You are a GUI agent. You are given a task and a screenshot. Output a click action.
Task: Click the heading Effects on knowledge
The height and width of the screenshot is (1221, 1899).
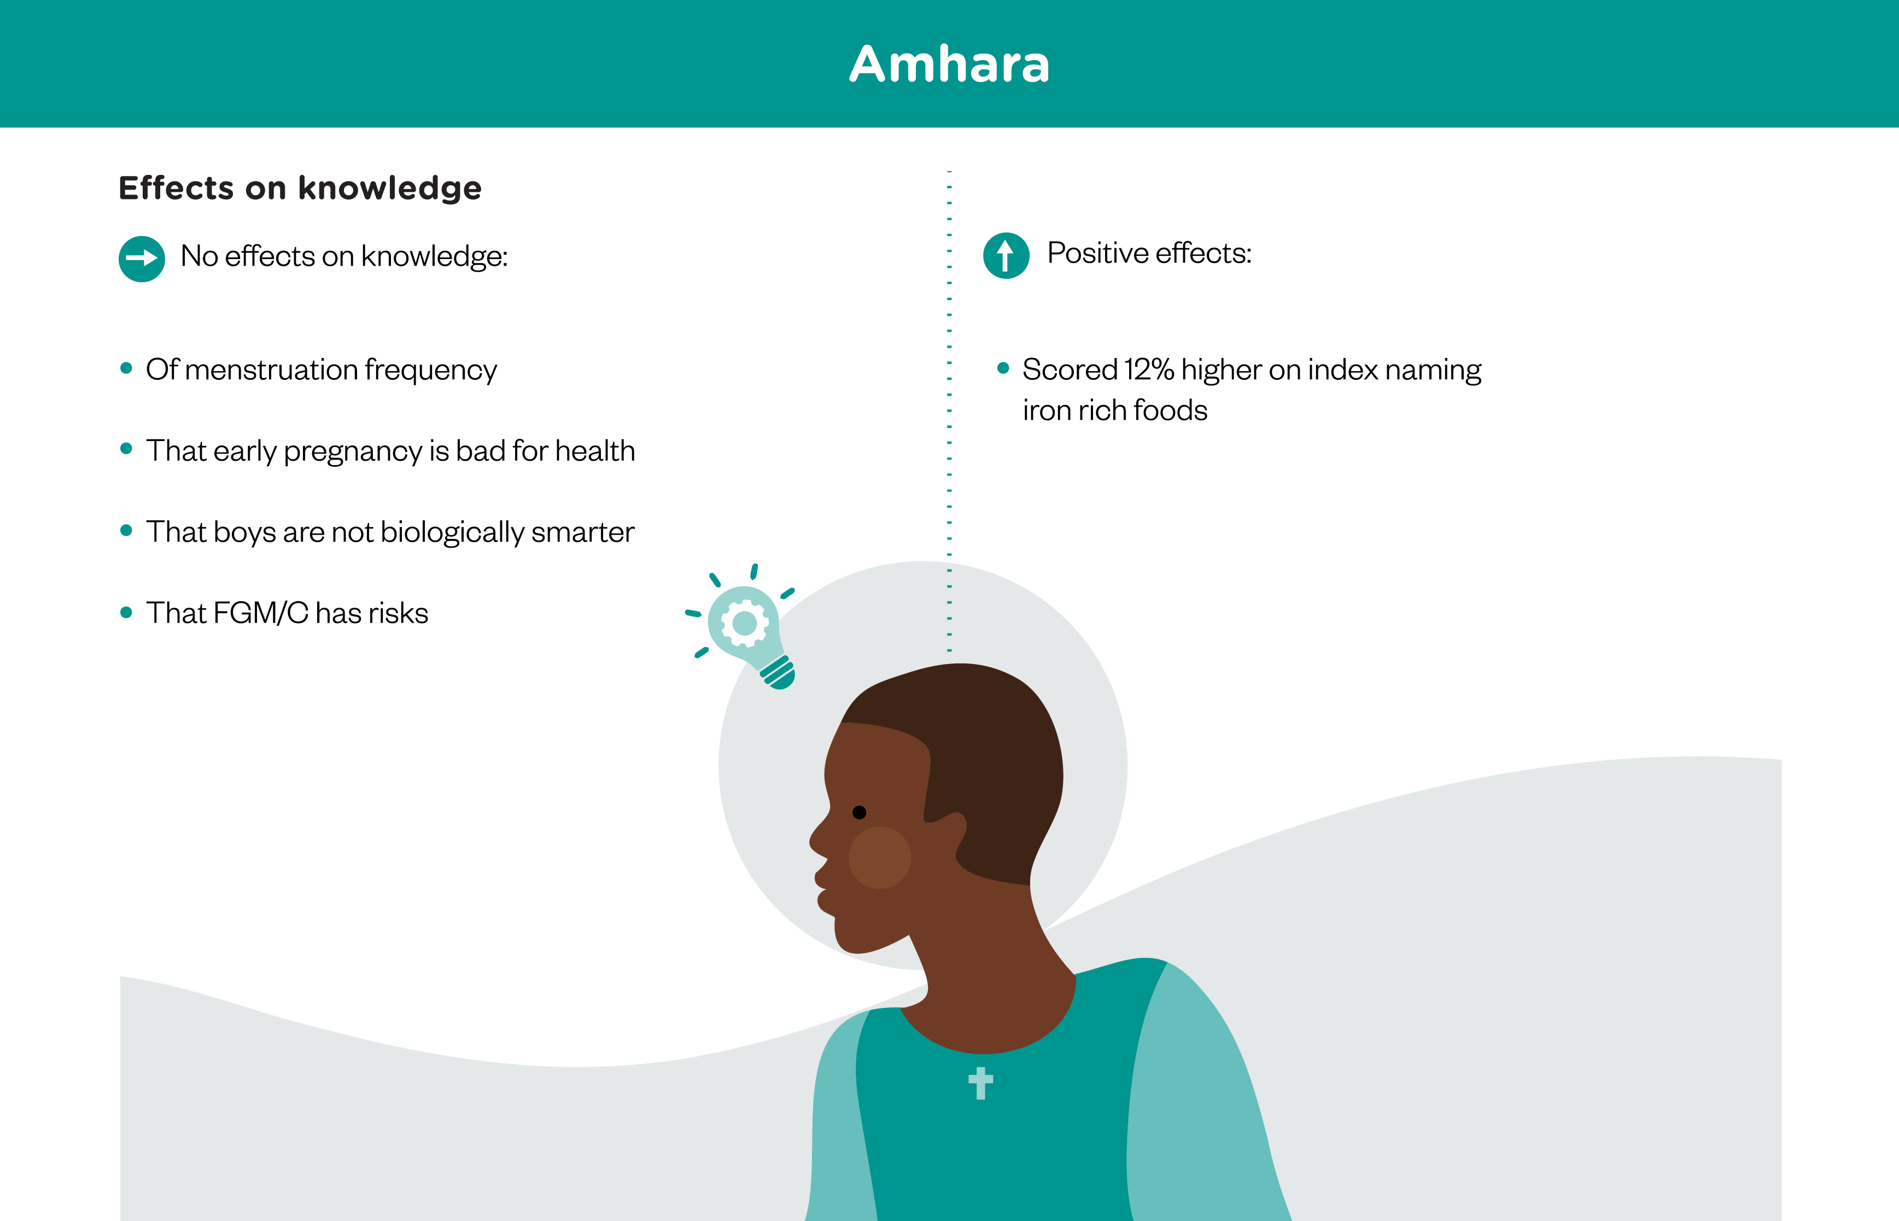(x=300, y=188)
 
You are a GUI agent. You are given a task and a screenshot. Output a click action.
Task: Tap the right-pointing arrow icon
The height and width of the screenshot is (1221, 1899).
(x=142, y=259)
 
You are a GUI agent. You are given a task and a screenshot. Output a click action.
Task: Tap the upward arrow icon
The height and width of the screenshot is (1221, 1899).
(x=1006, y=255)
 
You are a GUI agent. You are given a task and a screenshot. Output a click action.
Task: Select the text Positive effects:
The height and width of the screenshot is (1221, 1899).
(x=1149, y=253)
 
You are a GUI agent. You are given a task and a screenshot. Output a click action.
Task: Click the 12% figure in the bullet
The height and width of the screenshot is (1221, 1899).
(x=1149, y=369)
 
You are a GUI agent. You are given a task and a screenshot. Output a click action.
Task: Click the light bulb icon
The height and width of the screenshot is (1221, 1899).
(x=746, y=630)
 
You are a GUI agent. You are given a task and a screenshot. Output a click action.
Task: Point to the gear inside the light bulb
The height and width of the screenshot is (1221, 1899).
(x=744, y=623)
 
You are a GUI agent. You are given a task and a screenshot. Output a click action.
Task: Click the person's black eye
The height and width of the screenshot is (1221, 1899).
(x=859, y=812)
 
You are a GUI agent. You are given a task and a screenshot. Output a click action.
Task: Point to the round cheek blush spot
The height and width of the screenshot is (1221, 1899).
(x=880, y=857)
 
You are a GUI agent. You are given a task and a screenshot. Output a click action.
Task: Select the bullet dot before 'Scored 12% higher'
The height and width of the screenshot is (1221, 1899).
(x=1003, y=368)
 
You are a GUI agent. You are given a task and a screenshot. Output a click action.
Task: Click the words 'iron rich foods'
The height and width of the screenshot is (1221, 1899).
(x=1114, y=410)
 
